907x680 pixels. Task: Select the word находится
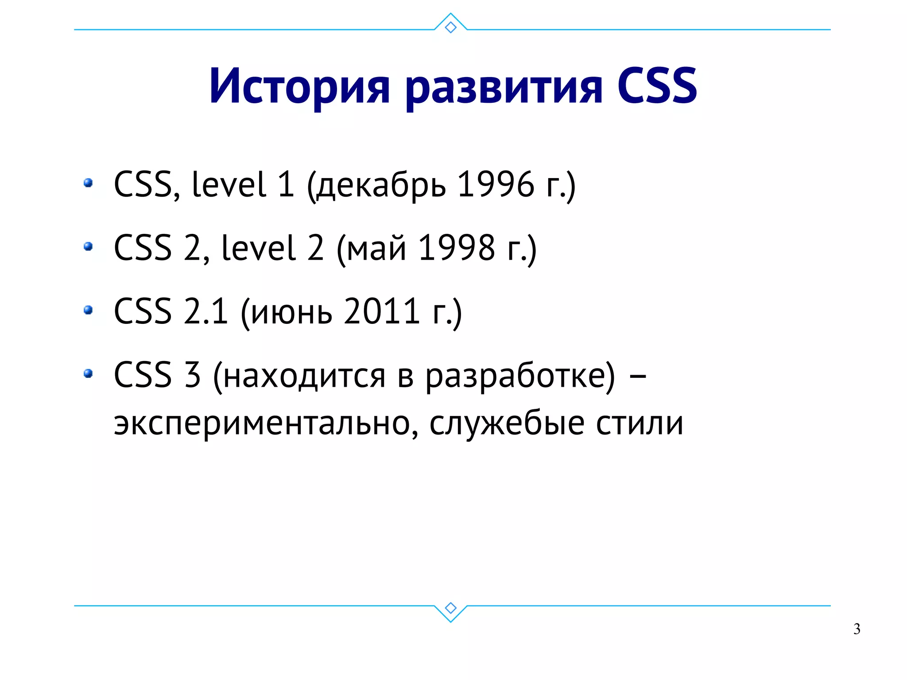(x=304, y=376)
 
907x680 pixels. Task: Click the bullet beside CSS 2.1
(x=88, y=310)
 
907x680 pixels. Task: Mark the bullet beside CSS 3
(x=88, y=373)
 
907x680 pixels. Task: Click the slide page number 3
(x=857, y=629)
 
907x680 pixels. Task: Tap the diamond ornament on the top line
(x=450, y=27)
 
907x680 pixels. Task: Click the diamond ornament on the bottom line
(x=450, y=608)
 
